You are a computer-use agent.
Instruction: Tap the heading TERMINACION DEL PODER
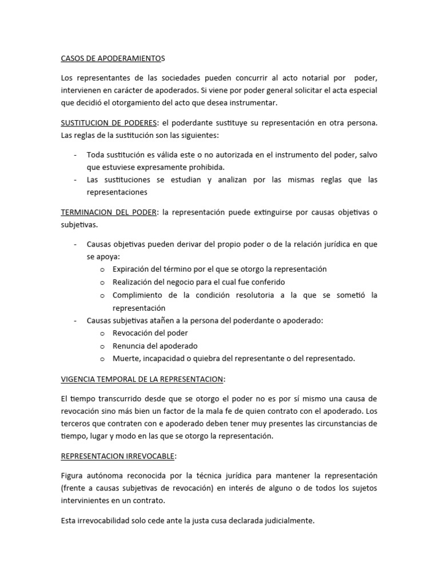pos(109,212)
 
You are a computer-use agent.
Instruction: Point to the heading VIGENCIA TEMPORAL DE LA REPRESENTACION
pos(143,379)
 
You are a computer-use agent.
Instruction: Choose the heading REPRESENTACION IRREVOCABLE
pos(119,457)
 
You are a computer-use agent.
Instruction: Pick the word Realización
pos(133,282)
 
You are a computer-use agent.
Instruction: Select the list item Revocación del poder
pos(150,333)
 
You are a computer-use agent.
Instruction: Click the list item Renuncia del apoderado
pos(155,346)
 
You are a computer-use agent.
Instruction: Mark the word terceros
pos(76,423)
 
